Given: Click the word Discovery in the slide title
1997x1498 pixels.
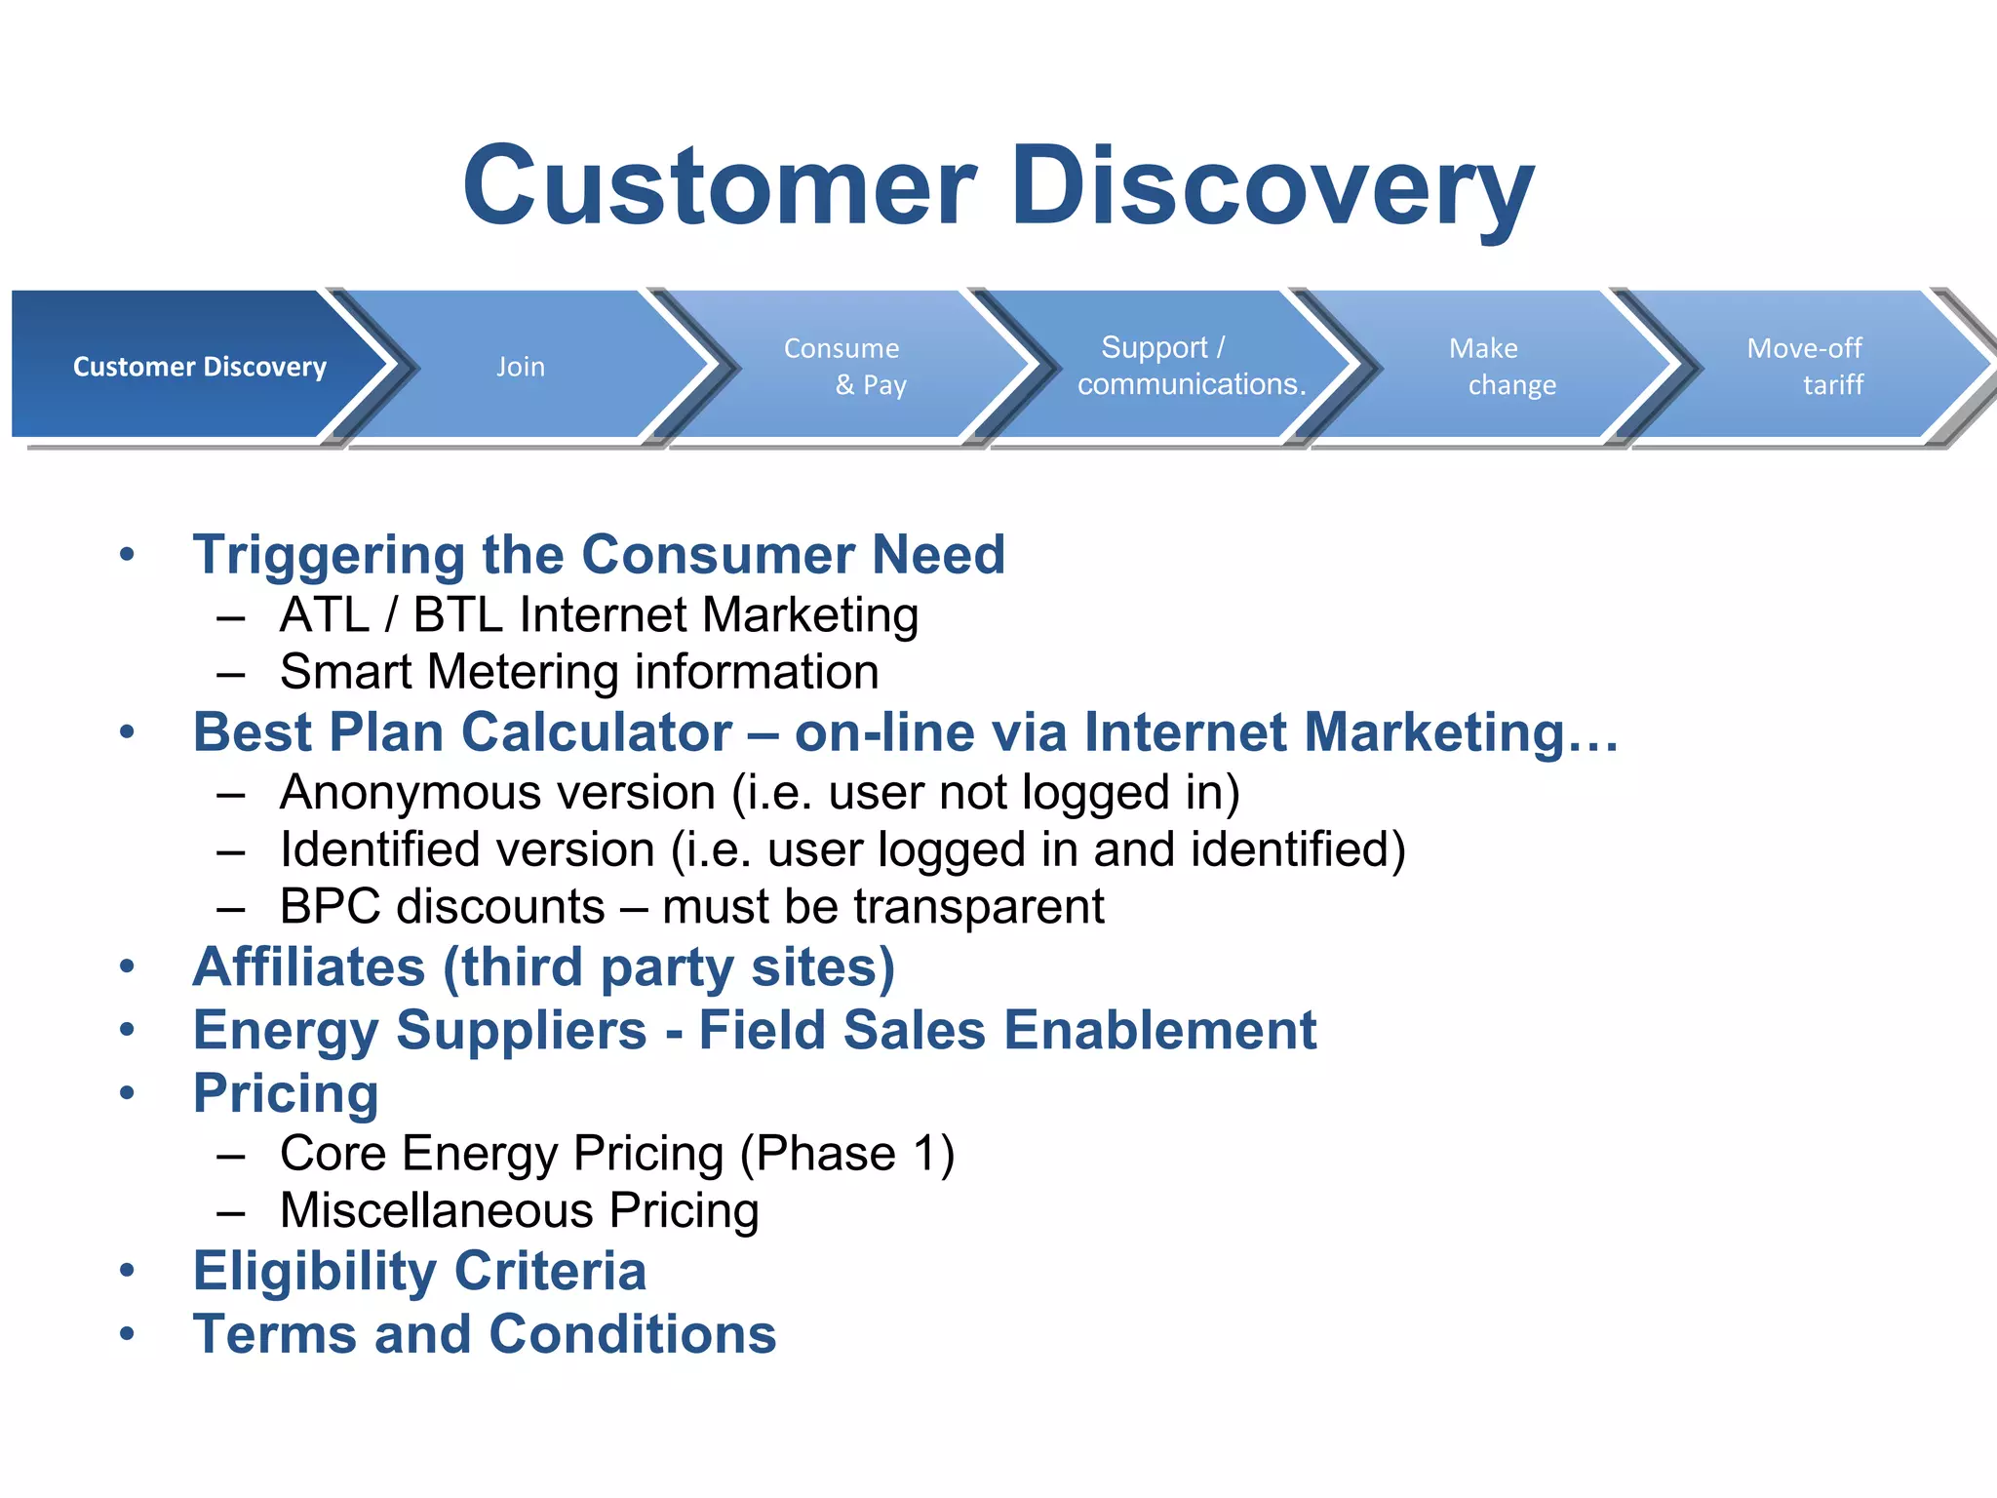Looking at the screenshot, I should [x=1272, y=185].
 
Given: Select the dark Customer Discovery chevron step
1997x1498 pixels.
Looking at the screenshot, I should [x=199, y=367].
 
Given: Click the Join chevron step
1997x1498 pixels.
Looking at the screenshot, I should [x=521, y=367].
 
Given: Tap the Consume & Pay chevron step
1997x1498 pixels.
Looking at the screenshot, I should [x=844, y=367].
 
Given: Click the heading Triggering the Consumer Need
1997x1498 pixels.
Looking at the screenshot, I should [x=598, y=555].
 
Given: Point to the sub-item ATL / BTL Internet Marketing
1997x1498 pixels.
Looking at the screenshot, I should [x=599, y=615].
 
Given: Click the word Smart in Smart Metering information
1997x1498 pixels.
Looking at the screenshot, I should [x=346, y=672].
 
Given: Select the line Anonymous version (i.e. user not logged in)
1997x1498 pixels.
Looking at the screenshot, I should [x=759, y=792].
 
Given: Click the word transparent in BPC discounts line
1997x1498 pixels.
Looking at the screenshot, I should [x=979, y=907].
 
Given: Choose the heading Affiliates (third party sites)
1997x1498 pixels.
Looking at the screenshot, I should [x=543, y=967].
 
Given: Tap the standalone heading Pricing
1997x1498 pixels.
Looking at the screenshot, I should [x=286, y=1093].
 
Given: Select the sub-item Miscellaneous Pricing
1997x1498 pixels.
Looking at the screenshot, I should [x=519, y=1210].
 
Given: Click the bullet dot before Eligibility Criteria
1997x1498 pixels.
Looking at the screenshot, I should [x=127, y=1271].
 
